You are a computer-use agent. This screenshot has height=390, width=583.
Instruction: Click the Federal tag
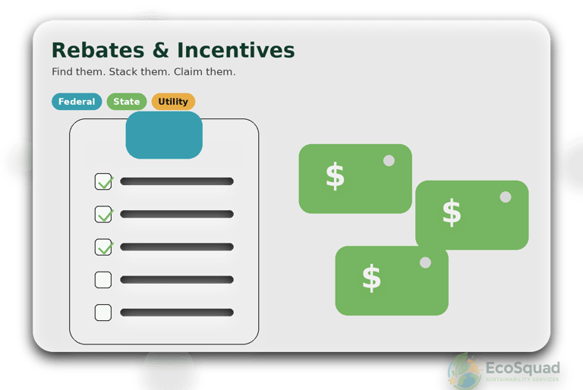(77, 102)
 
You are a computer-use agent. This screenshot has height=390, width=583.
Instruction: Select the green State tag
(127, 102)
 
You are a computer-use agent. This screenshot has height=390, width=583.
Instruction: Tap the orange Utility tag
(173, 102)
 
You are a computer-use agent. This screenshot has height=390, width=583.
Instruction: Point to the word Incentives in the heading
(236, 50)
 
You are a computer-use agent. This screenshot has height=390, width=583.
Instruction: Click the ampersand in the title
(161, 50)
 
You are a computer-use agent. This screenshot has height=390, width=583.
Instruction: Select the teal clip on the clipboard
(164, 135)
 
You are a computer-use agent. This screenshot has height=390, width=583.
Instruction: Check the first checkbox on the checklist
(103, 181)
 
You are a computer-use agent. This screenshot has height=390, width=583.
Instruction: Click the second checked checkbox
(103, 214)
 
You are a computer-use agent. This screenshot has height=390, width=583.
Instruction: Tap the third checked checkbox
(103, 247)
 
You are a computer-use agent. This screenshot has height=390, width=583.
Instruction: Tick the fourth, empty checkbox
(103, 279)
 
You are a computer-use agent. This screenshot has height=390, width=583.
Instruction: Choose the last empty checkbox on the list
(103, 312)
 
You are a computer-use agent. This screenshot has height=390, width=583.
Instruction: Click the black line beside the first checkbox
(177, 181)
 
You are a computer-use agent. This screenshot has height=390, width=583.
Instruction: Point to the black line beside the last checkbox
(177, 312)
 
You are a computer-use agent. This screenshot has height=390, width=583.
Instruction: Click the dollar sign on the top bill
(335, 176)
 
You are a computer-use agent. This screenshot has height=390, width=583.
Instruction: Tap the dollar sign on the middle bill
(452, 212)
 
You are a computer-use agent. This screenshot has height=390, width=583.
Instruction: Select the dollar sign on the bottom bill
(371, 278)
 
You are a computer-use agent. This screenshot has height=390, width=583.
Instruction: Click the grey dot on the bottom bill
(425, 263)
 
